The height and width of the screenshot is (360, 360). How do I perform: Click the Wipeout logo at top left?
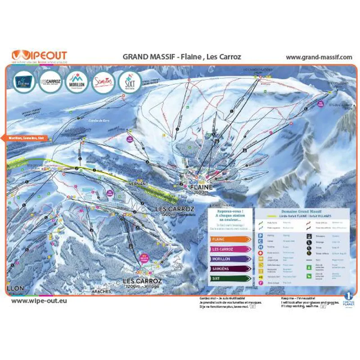coord(39,55)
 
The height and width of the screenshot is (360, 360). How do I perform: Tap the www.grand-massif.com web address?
coord(319,57)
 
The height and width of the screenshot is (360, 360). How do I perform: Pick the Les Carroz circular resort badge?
coord(50,81)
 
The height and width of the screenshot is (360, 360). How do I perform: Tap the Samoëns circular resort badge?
coord(103,81)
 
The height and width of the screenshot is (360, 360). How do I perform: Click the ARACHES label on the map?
coord(101,292)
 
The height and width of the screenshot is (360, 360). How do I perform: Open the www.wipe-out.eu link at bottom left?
coord(39,300)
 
